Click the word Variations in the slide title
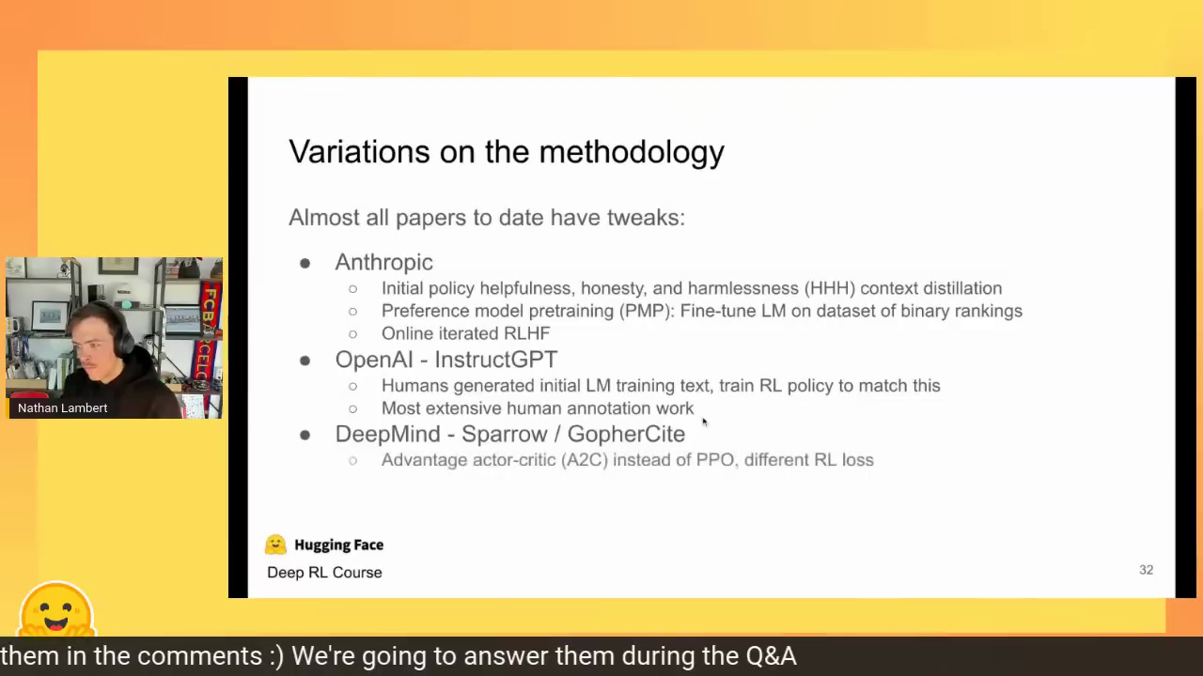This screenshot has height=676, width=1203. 359,152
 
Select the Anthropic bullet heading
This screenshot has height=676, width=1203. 384,262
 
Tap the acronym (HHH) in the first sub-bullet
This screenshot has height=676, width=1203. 830,288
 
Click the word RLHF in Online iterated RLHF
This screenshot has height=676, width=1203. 527,333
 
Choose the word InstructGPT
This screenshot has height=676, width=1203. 495,360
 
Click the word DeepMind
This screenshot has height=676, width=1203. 388,434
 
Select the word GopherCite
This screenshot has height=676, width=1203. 626,435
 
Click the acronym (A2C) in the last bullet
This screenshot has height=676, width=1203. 585,460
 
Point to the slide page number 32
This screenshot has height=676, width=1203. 1146,570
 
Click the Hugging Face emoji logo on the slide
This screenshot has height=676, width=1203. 275,545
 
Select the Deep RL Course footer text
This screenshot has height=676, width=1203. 324,573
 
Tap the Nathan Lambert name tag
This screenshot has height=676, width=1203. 62,408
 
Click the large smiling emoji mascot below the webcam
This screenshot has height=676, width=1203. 56,609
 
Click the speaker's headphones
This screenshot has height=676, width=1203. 122,331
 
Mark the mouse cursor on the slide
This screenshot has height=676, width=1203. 705,422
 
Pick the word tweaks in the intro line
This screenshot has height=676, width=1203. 646,218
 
